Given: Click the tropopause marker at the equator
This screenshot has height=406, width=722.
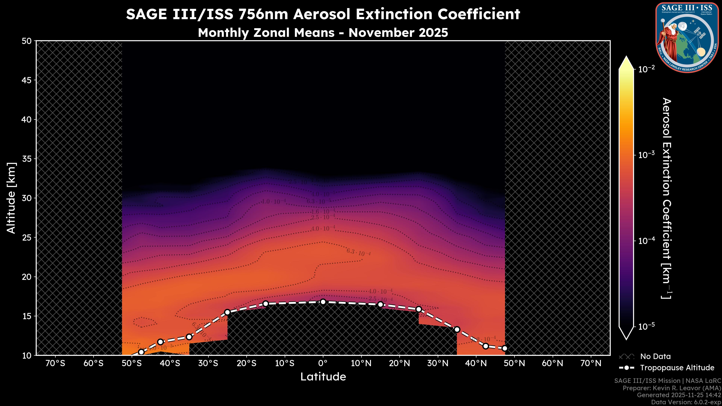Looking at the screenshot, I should (x=323, y=302).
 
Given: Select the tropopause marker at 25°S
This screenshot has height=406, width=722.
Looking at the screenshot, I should (x=227, y=312).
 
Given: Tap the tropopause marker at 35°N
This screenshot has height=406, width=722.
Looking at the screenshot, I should (x=457, y=329).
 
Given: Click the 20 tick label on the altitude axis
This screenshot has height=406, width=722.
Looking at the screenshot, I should (x=27, y=277).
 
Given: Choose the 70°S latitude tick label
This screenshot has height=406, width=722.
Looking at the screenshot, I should (x=55, y=363).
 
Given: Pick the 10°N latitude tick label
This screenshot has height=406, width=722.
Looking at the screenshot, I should (x=361, y=363).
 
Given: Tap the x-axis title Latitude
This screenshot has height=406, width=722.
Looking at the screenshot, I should (x=323, y=376).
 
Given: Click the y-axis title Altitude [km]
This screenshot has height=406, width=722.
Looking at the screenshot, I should (x=11, y=198).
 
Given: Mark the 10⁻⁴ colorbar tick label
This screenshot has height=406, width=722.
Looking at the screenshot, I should (x=647, y=241).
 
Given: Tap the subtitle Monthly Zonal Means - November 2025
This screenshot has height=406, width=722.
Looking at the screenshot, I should (x=323, y=33).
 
